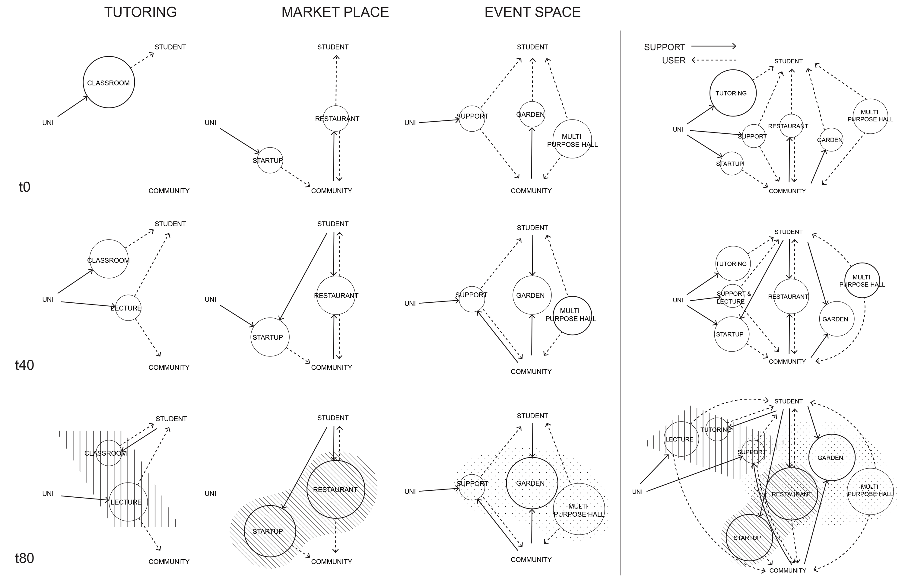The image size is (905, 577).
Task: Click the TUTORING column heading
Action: pyautogui.click(x=140, y=12)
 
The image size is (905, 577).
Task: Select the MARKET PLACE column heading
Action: pyautogui.click(x=335, y=12)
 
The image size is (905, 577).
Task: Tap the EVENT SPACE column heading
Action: pyautogui.click(x=532, y=12)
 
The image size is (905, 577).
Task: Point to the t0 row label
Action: pyautogui.click(x=24, y=187)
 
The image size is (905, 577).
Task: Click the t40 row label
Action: pyautogui.click(x=24, y=365)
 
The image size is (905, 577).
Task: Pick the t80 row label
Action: pyautogui.click(x=24, y=558)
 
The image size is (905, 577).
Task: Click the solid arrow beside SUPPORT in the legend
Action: pyautogui.click(x=713, y=46)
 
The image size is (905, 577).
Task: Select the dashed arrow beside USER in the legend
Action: pyautogui.click(x=713, y=60)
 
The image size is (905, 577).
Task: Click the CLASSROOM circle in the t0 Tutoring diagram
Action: pyautogui.click(x=109, y=82)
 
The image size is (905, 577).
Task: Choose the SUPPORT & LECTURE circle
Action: pyautogui.click(x=732, y=297)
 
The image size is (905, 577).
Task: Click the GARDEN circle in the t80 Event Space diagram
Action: pyautogui.click(x=532, y=483)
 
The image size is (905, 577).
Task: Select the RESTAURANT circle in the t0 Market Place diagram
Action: pyautogui.click(x=336, y=118)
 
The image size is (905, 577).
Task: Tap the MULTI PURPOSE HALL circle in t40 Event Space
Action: pyautogui.click(x=572, y=315)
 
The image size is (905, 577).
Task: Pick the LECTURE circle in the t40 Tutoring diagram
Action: pyautogui.click(x=128, y=308)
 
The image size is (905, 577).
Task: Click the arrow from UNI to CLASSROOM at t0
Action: pyautogui.click(x=72, y=107)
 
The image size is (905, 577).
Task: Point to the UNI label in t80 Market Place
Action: pyautogui.click(x=211, y=493)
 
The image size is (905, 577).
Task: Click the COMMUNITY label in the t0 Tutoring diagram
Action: pyautogui.click(x=169, y=191)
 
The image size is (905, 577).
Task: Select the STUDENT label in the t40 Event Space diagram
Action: pyautogui.click(x=532, y=228)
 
